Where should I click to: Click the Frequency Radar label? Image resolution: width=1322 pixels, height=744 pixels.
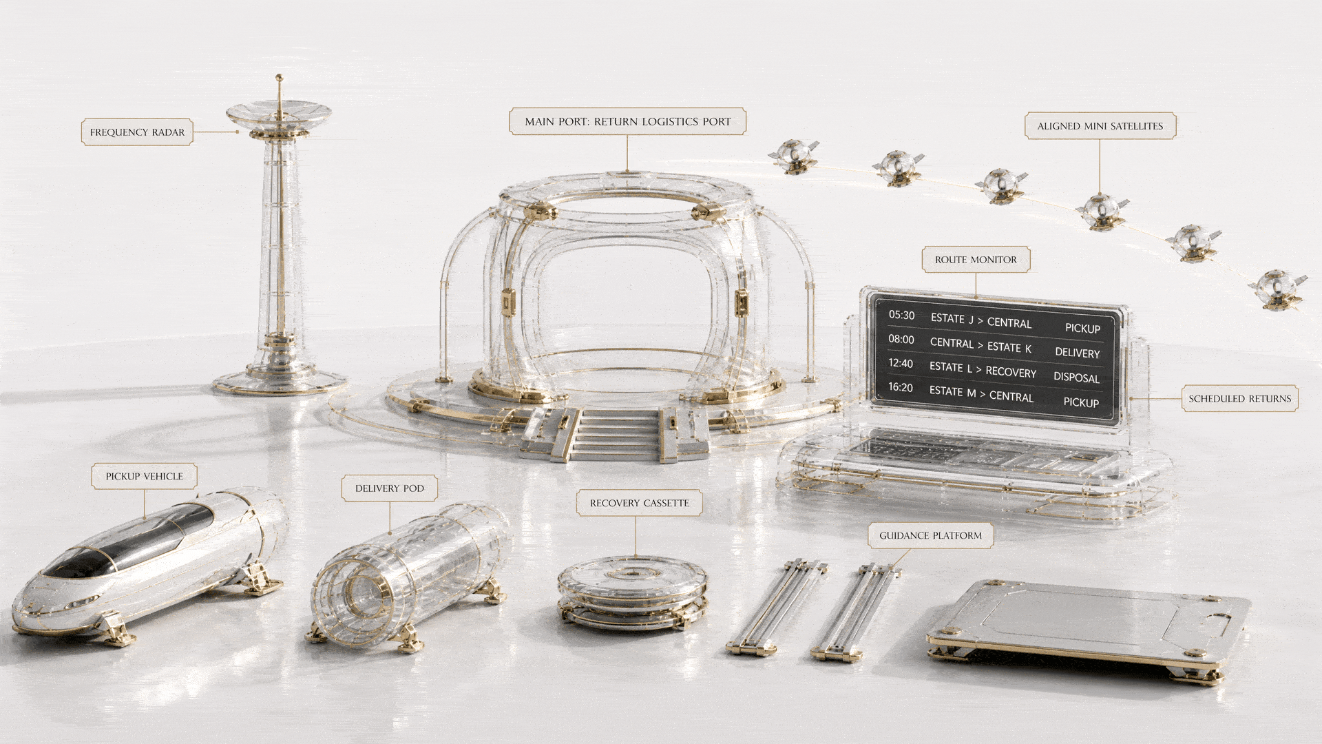pos(137,132)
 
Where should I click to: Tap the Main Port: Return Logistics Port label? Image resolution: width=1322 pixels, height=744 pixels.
pos(627,121)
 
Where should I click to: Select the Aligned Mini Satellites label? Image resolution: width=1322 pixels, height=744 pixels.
pos(1100,126)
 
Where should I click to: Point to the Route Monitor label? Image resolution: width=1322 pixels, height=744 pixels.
pos(976,260)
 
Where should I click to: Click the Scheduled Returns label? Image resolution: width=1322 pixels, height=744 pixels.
pos(1239,399)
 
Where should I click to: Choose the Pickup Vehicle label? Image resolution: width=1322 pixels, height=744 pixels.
pos(144,476)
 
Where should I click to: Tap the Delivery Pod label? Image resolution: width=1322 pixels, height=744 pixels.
pos(390,488)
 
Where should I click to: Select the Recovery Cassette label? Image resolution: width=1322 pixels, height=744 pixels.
pos(639,503)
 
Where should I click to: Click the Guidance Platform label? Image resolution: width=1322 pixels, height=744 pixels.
pos(930,535)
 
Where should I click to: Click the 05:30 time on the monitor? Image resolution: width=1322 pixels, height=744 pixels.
pos(901,315)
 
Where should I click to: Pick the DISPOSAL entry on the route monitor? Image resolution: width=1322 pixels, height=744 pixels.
pos(1076,378)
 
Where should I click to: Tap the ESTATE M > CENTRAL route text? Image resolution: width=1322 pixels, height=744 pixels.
pos(981,393)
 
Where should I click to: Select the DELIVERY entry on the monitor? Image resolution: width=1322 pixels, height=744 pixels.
pos(1078,353)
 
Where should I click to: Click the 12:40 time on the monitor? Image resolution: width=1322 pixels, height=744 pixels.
pos(901,363)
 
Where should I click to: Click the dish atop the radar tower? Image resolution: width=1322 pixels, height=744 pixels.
pos(279,114)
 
